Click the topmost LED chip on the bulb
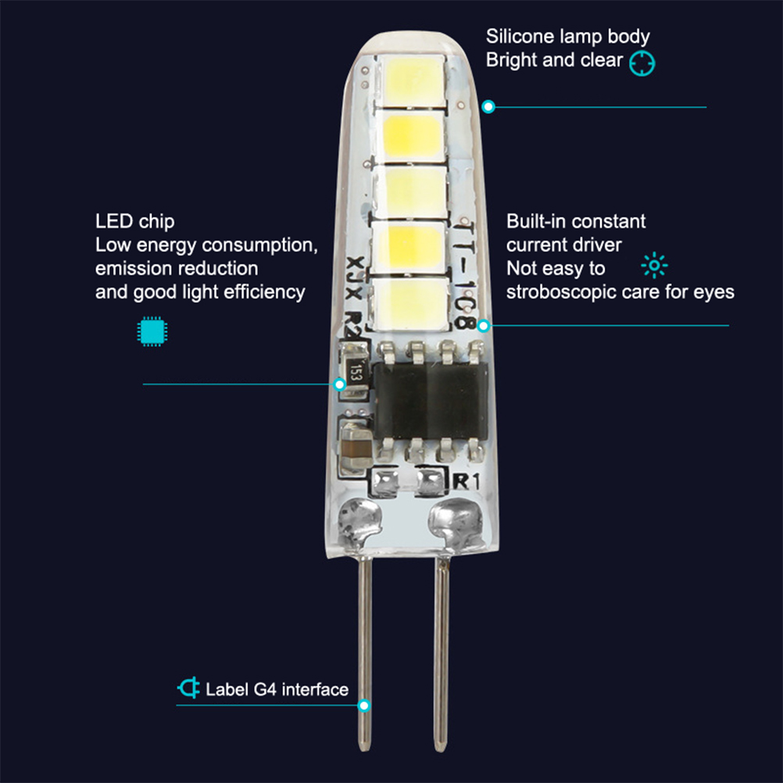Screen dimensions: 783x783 click(x=412, y=80)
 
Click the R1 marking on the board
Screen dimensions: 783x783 click(x=459, y=482)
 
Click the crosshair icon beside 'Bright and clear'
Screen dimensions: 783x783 click(x=642, y=63)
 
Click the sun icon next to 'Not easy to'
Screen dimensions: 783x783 click(x=654, y=267)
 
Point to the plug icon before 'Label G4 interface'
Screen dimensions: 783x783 click(x=188, y=688)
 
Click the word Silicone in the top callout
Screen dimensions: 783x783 click(x=513, y=36)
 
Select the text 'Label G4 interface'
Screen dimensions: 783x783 click(x=277, y=689)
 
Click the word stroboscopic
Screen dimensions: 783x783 click(x=554, y=292)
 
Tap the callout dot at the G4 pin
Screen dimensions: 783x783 click(x=363, y=705)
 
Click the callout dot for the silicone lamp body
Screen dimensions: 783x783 click(x=488, y=106)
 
